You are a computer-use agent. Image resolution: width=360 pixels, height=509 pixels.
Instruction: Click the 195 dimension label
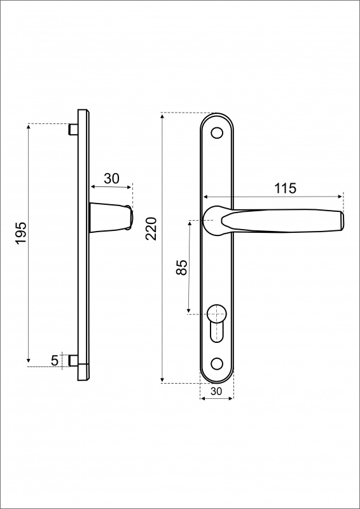[21, 234]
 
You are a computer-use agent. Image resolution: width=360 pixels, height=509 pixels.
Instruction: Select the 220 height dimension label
[151, 228]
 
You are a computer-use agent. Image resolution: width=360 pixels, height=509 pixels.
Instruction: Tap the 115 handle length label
[286, 188]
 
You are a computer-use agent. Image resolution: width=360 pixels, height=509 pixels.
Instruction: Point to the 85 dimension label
[182, 267]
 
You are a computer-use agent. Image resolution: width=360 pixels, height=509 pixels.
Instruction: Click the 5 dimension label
[55, 361]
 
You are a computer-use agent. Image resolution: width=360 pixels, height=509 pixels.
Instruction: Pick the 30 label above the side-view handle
[112, 179]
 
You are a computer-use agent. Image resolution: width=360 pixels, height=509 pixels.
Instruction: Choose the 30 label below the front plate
[216, 391]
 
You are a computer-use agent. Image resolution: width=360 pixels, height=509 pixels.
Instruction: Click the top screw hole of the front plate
[217, 132]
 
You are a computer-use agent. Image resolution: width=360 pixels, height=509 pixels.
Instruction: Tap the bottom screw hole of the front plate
[217, 363]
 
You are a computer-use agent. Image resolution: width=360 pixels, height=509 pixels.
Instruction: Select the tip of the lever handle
[342, 221]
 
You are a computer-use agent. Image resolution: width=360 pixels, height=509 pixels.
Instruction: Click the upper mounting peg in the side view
[73, 129]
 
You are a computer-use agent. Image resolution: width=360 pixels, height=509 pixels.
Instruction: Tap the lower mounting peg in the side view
[73, 361]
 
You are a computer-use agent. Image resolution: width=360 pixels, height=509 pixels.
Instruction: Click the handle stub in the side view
[111, 218]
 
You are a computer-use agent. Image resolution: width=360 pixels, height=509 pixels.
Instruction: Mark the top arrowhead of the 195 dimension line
[28, 127]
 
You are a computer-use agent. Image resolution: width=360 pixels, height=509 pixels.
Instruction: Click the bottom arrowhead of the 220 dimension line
[163, 380]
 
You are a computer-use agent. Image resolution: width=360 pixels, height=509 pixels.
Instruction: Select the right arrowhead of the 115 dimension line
[340, 197]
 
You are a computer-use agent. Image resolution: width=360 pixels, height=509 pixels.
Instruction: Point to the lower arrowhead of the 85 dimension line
[189, 311]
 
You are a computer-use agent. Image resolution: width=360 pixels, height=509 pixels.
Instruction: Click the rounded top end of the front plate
[217, 114]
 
